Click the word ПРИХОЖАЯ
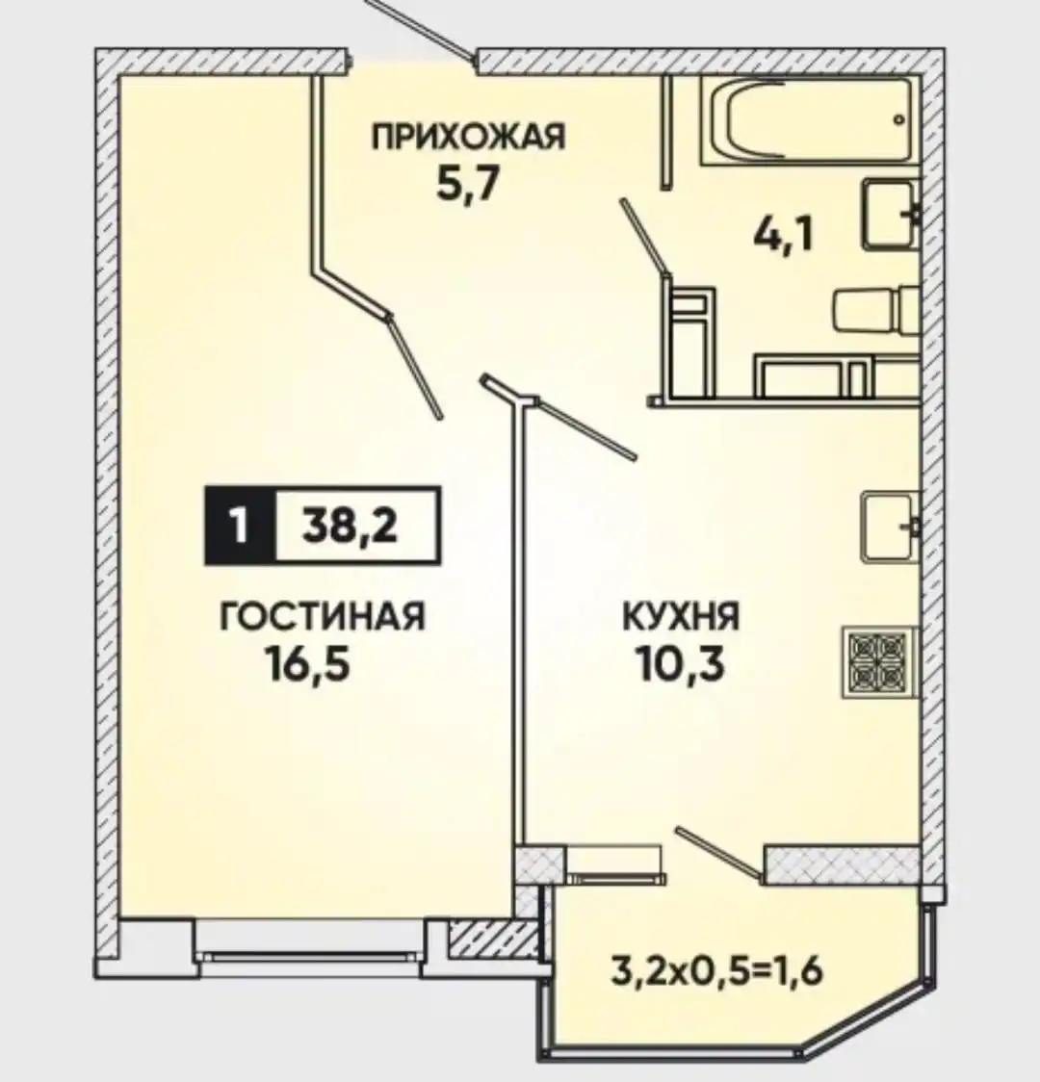pyautogui.click(x=468, y=137)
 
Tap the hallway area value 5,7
pyautogui.click(x=467, y=184)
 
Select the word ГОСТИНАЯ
pyautogui.click(x=323, y=616)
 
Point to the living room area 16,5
pyautogui.click(x=307, y=664)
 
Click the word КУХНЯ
pyautogui.click(x=681, y=616)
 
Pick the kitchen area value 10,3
pyautogui.click(x=681, y=664)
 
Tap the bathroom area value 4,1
pyautogui.click(x=784, y=235)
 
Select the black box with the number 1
pyautogui.click(x=240, y=527)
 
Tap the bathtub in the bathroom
pyautogui.click(x=810, y=120)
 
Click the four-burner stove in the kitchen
pyautogui.click(x=878, y=661)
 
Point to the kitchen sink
pyautogui.click(x=890, y=527)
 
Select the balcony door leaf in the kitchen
pyautogui.click(x=720, y=854)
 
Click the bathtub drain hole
pyautogui.click(x=898, y=119)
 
